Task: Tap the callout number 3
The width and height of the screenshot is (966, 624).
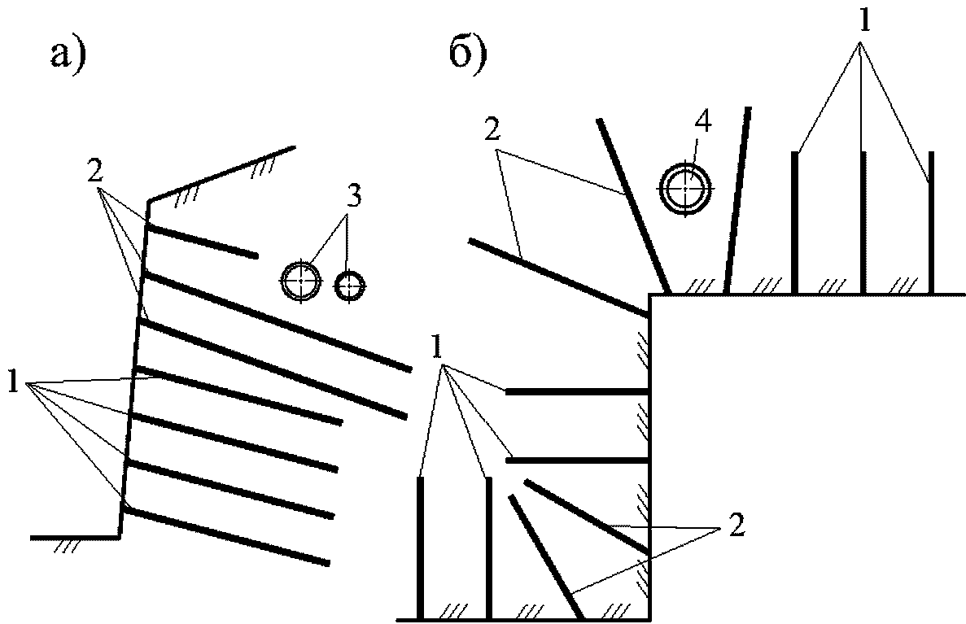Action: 352,198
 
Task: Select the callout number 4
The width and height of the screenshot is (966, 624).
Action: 703,122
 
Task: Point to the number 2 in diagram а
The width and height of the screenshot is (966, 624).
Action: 94,173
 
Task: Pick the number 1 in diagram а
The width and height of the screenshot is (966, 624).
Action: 12,382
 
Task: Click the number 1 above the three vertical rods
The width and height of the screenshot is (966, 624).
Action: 865,23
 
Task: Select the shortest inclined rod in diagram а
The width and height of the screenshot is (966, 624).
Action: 202,241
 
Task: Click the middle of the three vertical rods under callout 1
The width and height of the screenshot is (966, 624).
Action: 863,222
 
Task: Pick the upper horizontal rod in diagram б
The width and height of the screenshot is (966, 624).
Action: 577,391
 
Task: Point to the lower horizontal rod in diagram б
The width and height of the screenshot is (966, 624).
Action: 577,460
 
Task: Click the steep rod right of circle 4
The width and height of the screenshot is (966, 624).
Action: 738,200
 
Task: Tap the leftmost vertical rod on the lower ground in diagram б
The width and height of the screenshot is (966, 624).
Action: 420,548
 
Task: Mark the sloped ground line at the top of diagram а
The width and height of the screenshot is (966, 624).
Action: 222,173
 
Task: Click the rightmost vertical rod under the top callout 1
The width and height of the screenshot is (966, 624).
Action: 931,222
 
